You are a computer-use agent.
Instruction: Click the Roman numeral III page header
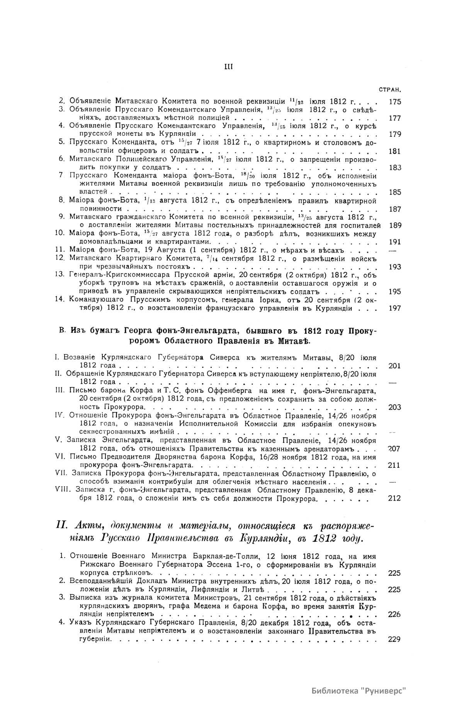[x=228, y=67]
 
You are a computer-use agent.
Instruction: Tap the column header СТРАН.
[x=390, y=90]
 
